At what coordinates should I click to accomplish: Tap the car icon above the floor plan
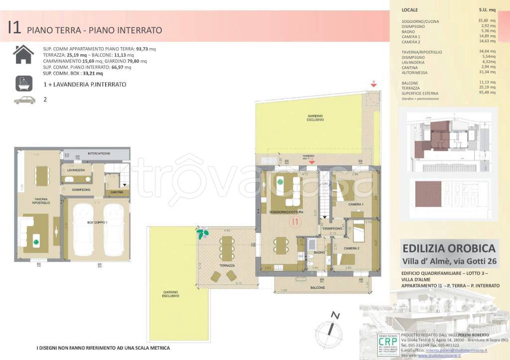point(25,100)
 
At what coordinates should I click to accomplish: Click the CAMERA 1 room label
point(356,205)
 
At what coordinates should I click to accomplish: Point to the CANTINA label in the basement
point(117,192)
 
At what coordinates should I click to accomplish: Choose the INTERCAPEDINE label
point(102,153)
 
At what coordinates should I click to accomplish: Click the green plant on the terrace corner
point(203,233)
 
